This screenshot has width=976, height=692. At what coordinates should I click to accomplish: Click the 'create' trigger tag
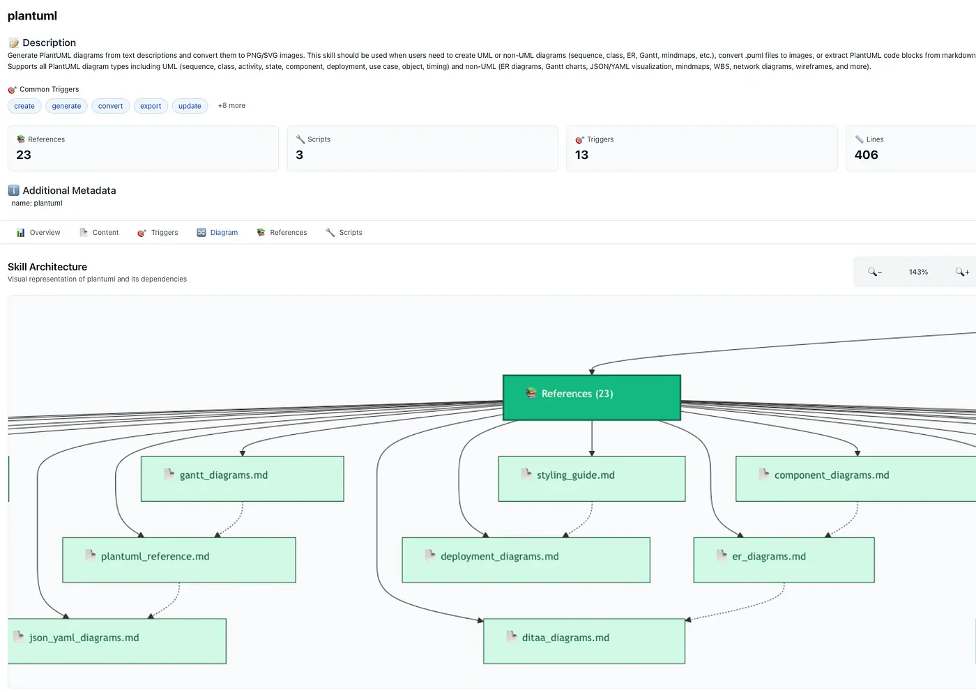coord(24,106)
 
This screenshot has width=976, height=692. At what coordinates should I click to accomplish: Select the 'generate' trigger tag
coord(66,106)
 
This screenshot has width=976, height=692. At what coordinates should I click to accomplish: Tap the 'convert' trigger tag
coord(110,106)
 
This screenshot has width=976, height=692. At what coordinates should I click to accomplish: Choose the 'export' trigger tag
coord(151,106)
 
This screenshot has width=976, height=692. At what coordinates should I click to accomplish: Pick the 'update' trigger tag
coord(190,106)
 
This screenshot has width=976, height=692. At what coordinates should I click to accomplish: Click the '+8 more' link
coord(231,106)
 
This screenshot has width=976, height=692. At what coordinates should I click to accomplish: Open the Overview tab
coord(38,233)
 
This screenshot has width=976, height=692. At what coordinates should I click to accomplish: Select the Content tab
coord(99,233)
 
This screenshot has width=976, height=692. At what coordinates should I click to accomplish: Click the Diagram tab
coord(218,233)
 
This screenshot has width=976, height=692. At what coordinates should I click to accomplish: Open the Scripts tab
coord(344,233)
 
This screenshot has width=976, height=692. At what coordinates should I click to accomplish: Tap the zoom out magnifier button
coord(874,272)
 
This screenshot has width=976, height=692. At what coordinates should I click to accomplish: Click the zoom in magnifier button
coord(962,272)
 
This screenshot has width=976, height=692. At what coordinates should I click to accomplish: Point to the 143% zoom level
coord(918,272)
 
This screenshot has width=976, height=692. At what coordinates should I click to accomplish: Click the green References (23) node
coord(591,397)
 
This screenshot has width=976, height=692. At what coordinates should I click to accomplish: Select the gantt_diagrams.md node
coord(242,479)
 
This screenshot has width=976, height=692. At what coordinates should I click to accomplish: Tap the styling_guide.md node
coord(591,479)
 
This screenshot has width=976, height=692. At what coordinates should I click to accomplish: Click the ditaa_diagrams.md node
coord(584,641)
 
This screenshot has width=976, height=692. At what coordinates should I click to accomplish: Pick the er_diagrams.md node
coord(784,560)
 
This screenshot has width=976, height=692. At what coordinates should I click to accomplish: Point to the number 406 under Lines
coord(866,155)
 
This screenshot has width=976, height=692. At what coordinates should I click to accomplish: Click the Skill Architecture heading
coord(47,267)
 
